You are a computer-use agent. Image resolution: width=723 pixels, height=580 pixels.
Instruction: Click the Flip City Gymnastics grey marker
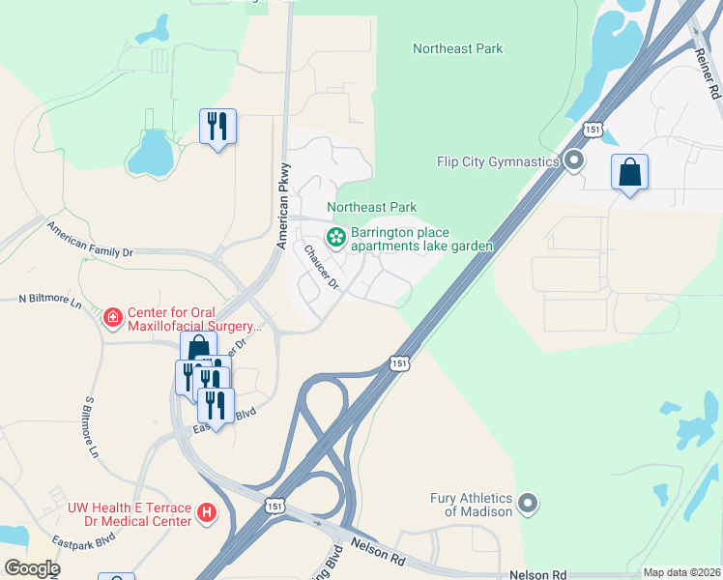pyautogui.click(x=574, y=161)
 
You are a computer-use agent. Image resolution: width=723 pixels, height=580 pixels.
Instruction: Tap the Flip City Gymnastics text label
pyautogui.click(x=497, y=161)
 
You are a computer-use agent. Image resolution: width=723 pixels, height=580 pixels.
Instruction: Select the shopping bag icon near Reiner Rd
pyautogui.click(x=629, y=173)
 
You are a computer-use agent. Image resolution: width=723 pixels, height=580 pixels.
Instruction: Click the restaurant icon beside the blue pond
pyautogui.click(x=217, y=127)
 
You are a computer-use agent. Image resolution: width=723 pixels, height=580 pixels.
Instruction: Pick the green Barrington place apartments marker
pyautogui.click(x=336, y=236)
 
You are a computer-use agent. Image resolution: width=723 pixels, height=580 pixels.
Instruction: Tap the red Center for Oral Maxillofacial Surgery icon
pyautogui.click(x=113, y=316)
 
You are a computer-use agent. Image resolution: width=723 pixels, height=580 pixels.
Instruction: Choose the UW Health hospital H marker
pyautogui.click(x=206, y=513)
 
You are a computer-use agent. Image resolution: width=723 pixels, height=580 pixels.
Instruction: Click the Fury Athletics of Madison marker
pyautogui.click(x=528, y=503)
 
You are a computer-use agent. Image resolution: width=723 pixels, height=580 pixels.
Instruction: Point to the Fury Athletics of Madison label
pyautogui.click(x=472, y=505)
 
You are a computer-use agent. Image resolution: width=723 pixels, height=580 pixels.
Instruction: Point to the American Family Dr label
pyautogui.click(x=104, y=243)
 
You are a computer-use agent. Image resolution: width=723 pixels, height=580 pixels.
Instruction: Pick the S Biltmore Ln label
pyautogui.click(x=92, y=426)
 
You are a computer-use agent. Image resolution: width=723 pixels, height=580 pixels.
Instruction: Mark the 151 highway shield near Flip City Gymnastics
pyautogui.click(x=593, y=130)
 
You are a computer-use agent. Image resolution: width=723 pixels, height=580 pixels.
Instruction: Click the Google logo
pyautogui.click(x=31, y=568)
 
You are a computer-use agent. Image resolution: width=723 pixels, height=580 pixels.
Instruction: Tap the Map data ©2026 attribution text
pyautogui.click(x=680, y=572)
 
